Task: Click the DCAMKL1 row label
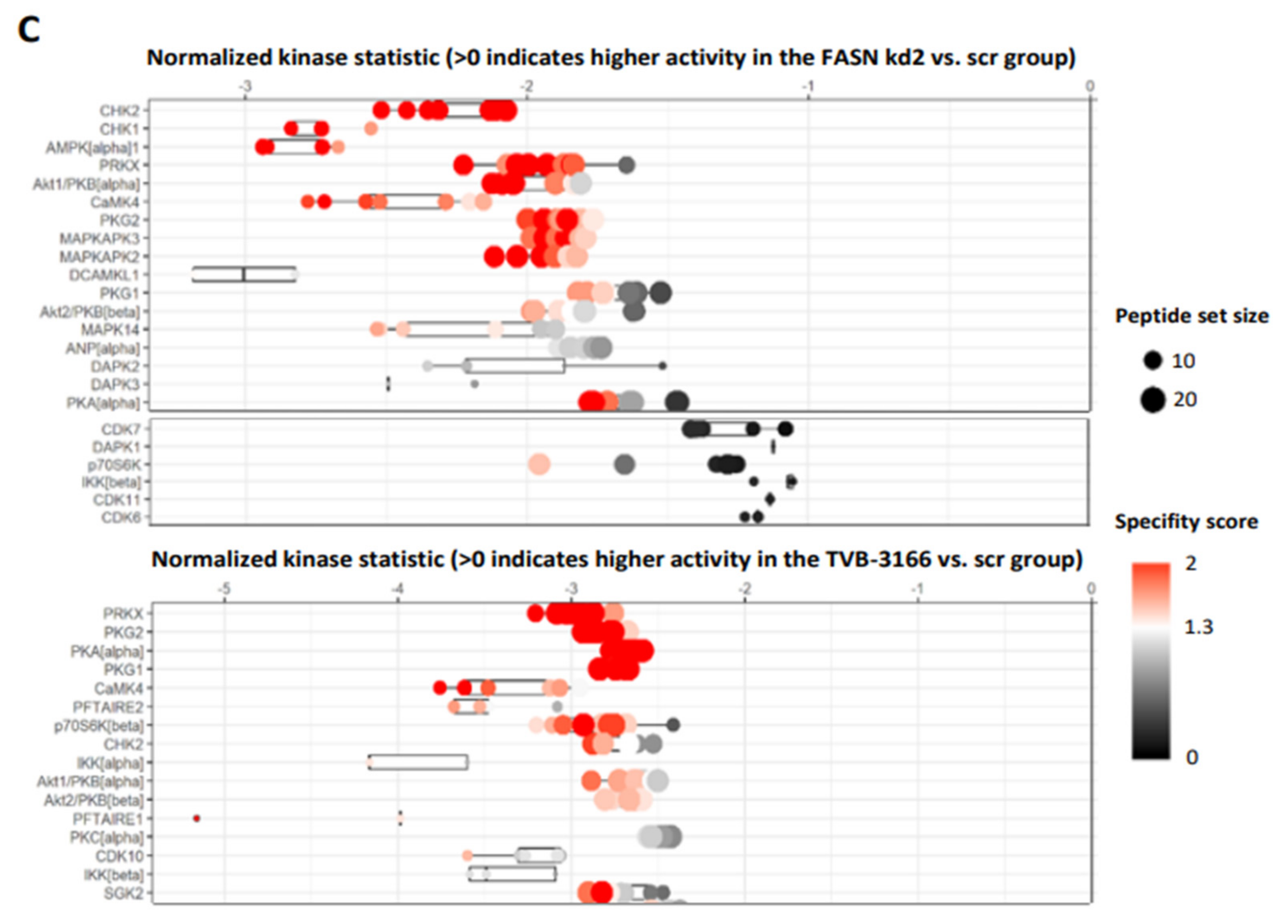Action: (104, 275)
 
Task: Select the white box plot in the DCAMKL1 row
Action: (244, 274)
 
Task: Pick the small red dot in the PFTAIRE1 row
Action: (197, 818)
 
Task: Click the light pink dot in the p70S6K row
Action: (539, 464)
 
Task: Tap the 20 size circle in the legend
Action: (1152, 400)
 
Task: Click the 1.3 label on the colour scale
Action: (1198, 627)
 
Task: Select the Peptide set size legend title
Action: (1191, 316)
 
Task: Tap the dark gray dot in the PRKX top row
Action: (626, 165)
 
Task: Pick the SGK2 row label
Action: (123, 893)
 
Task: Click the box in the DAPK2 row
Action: (515, 366)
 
